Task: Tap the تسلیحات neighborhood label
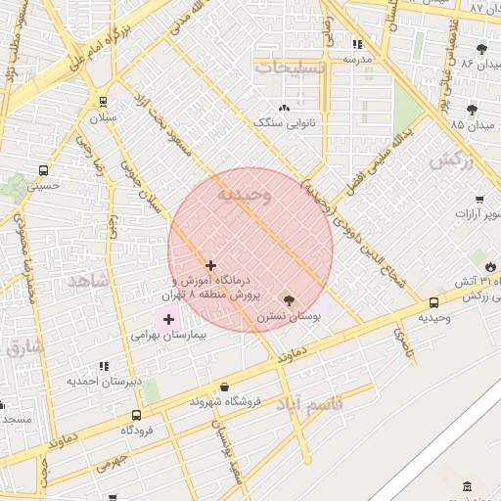click(287, 67)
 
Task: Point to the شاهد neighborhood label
click(85, 280)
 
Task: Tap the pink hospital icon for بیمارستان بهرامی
click(168, 319)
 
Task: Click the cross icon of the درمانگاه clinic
click(210, 265)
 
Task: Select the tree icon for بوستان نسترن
click(286, 298)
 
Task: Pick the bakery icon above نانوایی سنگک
click(284, 108)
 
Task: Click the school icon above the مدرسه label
click(357, 44)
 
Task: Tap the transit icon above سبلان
click(103, 101)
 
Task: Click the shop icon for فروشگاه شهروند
click(226, 387)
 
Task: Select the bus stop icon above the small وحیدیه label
click(433, 302)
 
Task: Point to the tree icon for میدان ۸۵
click(472, 110)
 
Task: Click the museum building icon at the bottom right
click(467, 486)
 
